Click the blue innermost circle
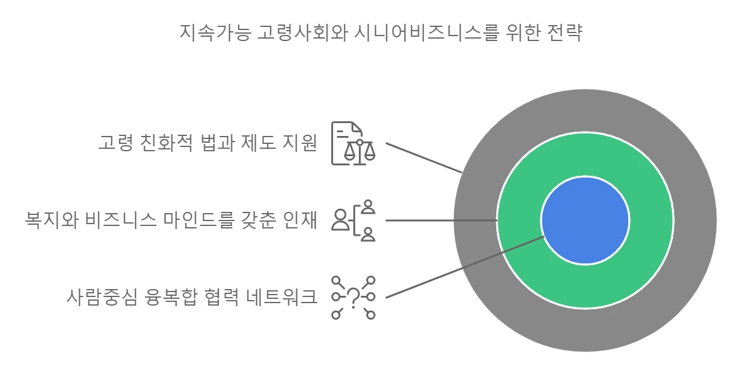585,220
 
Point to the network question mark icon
353,298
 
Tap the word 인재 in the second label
301,219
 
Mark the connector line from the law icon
423,157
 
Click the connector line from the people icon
442,220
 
